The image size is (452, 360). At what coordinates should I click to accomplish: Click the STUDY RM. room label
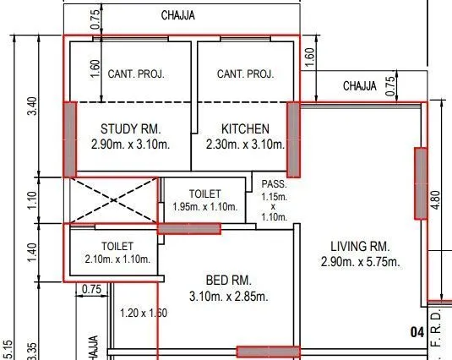pos(130,129)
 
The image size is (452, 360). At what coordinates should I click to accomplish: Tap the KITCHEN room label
pos(245,129)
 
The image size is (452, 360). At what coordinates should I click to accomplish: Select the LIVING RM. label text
pos(355,246)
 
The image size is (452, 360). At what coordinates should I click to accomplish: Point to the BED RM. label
pos(230,281)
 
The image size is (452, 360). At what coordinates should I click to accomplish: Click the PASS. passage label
pos(274,183)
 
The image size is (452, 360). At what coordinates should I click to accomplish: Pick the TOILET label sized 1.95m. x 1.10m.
pos(204,193)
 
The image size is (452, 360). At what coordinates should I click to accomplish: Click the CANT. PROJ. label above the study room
pos(135,74)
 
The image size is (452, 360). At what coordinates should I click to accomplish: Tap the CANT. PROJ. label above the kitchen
pos(245,74)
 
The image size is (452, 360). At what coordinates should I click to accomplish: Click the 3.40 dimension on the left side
pos(32,106)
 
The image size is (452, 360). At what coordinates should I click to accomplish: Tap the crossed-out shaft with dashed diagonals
pos(112,199)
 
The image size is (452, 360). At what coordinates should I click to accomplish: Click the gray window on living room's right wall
pos(420,183)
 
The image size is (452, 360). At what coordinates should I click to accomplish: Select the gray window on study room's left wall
pos(70,139)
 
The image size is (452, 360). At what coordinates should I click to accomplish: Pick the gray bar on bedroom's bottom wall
pos(268,352)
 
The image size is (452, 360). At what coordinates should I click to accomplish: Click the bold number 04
pos(417,332)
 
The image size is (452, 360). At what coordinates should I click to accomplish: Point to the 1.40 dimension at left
pos(32,251)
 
